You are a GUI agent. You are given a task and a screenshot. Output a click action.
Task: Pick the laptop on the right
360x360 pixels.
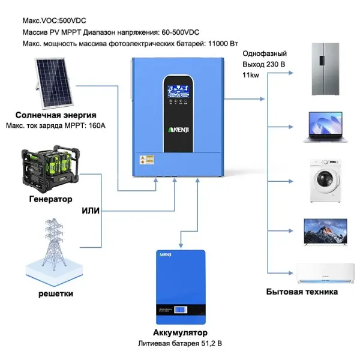[x=325, y=126]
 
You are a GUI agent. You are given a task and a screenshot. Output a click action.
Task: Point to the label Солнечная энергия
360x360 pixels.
[x=56, y=115]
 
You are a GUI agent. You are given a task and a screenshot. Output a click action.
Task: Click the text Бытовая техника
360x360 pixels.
[x=302, y=292]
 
